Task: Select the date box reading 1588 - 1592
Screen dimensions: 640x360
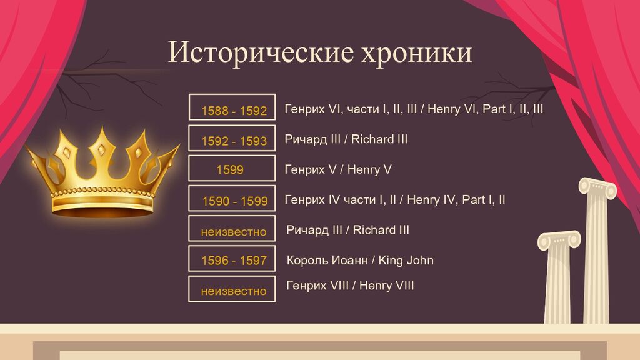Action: click(232, 107)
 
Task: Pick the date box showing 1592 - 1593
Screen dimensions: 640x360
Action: click(232, 137)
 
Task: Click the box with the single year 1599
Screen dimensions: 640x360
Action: click(232, 167)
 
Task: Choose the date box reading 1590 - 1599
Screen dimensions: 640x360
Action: click(232, 198)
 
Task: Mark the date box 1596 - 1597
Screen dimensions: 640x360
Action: click(232, 258)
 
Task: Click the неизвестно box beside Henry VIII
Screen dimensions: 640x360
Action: click(232, 289)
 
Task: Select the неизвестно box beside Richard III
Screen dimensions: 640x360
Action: click(232, 228)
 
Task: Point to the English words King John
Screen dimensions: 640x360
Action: click(406, 261)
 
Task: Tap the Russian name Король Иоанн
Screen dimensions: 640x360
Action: click(327, 261)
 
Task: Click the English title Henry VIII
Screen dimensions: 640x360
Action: click(386, 285)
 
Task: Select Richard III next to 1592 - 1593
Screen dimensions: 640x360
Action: click(379, 139)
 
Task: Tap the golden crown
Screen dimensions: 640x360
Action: click(103, 174)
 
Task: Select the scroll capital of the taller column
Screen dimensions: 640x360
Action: click(597, 187)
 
